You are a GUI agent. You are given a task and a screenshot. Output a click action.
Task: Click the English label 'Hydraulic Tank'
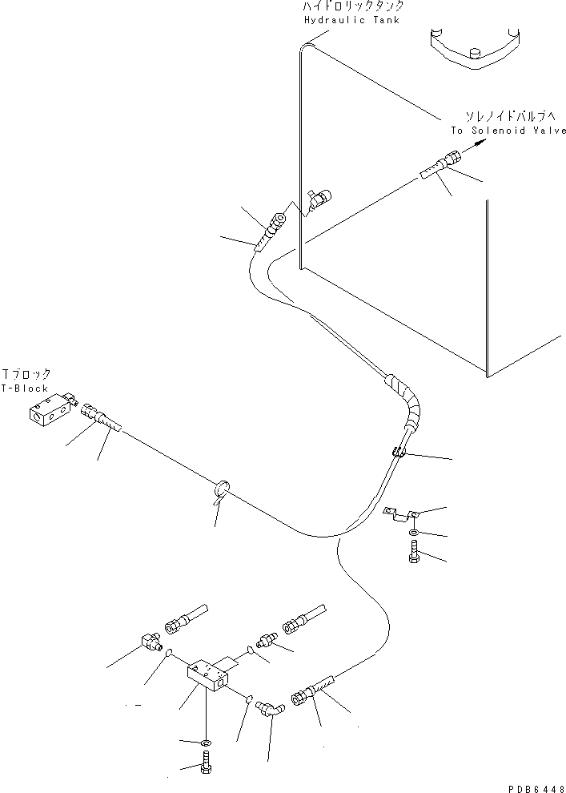point(351,20)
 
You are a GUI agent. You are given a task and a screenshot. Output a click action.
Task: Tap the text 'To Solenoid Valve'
point(508,131)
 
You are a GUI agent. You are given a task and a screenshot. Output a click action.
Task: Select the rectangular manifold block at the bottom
point(210,676)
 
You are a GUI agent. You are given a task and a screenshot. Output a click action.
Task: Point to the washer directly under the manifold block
point(207,743)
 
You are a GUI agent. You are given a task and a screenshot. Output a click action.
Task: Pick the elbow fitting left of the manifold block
point(151,642)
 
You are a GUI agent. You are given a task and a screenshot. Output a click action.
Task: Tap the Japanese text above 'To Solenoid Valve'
point(508,116)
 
